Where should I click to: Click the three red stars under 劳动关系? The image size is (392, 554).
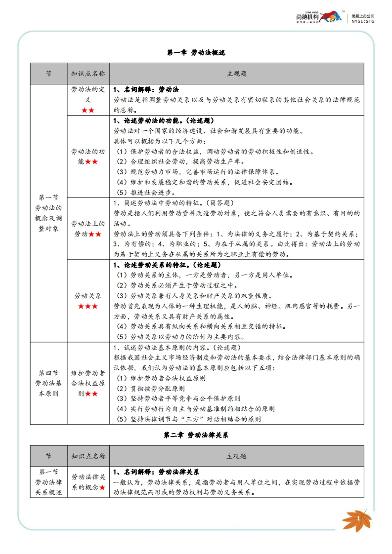pos(87,307)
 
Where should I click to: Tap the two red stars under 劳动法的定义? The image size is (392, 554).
pos(87,110)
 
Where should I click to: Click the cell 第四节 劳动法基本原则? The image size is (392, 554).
pos(48,383)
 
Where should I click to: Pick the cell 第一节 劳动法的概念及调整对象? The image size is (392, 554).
pos(48,213)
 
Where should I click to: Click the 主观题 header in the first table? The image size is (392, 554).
pos(236,74)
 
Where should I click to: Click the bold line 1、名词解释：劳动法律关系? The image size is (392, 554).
pos(156,472)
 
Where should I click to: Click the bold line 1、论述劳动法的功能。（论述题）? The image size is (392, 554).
pos(164,120)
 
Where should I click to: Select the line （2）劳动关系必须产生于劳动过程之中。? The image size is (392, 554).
pos(176,285)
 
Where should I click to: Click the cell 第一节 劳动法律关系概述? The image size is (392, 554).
pos(48,482)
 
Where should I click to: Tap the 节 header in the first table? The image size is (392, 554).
pos(48,74)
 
